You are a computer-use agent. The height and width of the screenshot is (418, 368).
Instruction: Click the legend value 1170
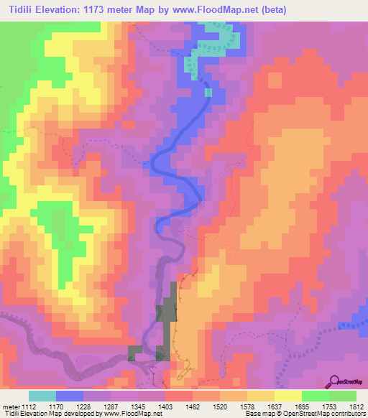tap(57, 406)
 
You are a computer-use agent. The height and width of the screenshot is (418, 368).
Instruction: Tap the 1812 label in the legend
tap(356, 406)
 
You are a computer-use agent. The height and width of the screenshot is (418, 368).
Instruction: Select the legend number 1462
tap(193, 406)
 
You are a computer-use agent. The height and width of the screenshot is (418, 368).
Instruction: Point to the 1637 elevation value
tap(275, 406)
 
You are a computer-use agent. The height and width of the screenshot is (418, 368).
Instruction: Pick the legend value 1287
tap(111, 406)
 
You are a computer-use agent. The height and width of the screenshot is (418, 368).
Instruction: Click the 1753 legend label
tap(329, 406)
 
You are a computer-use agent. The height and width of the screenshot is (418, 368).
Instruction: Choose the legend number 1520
tap(220, 406)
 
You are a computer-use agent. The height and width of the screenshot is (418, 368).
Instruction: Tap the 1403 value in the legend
tap(166, 406)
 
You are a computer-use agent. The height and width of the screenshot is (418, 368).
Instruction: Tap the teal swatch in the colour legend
tap(42, 396)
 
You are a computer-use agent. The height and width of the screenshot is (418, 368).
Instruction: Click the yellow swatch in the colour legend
tap(287, 396)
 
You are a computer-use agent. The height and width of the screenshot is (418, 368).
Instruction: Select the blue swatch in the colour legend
tap(70, 396)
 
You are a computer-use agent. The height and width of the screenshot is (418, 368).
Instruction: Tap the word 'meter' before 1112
tap(12, 406)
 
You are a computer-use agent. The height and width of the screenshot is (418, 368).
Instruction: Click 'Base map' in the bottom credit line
tap(257, 414)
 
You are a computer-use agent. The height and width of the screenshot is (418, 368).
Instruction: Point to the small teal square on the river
tap(208, 92)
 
